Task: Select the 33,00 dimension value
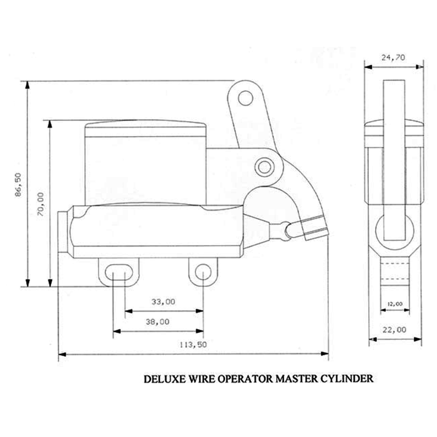(x=163, y=301)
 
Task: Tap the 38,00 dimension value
(x=158, y=322)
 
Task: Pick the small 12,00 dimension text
(x=395, y=304)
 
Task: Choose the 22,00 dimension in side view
(x=394, y=330)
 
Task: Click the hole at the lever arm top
(x=245, y=97)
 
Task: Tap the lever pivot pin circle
(x=264, y=167)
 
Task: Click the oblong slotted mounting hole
(x=118, y=272)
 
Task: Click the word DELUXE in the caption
(x=164, y=379)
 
